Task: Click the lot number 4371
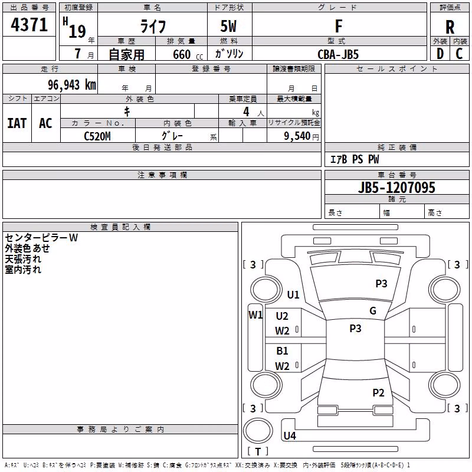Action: pos(29,25)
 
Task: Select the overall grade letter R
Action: pos(450,27)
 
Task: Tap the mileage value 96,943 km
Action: pos(72,85)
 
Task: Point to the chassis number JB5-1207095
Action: pos(396,188)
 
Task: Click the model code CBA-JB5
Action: pos(338,54)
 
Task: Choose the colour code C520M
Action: pos(97,136)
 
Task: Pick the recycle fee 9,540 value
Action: pos(297,136)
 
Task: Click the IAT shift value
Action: pos(17,123)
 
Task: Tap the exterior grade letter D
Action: pos(440,54)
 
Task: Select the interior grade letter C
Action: pos(459,54)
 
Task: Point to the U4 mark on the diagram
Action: pos(290,435)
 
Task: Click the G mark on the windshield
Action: pos(373,311)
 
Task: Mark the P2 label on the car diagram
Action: pos(378,392)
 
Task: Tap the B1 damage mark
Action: pos(282,350)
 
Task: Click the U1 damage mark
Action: pos(293,294)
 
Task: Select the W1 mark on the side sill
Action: pos(255,315)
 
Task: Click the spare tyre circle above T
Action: pos(258,431)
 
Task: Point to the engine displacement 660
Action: pos(182,54)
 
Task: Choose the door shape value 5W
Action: pos(228,26)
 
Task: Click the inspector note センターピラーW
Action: pos(41,238)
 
